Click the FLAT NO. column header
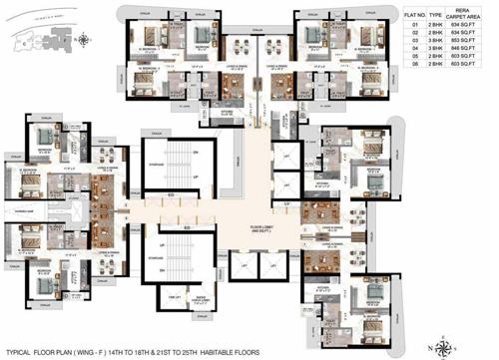point(416,17)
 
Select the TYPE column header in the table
point(436,17)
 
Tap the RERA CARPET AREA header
point(469,15)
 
